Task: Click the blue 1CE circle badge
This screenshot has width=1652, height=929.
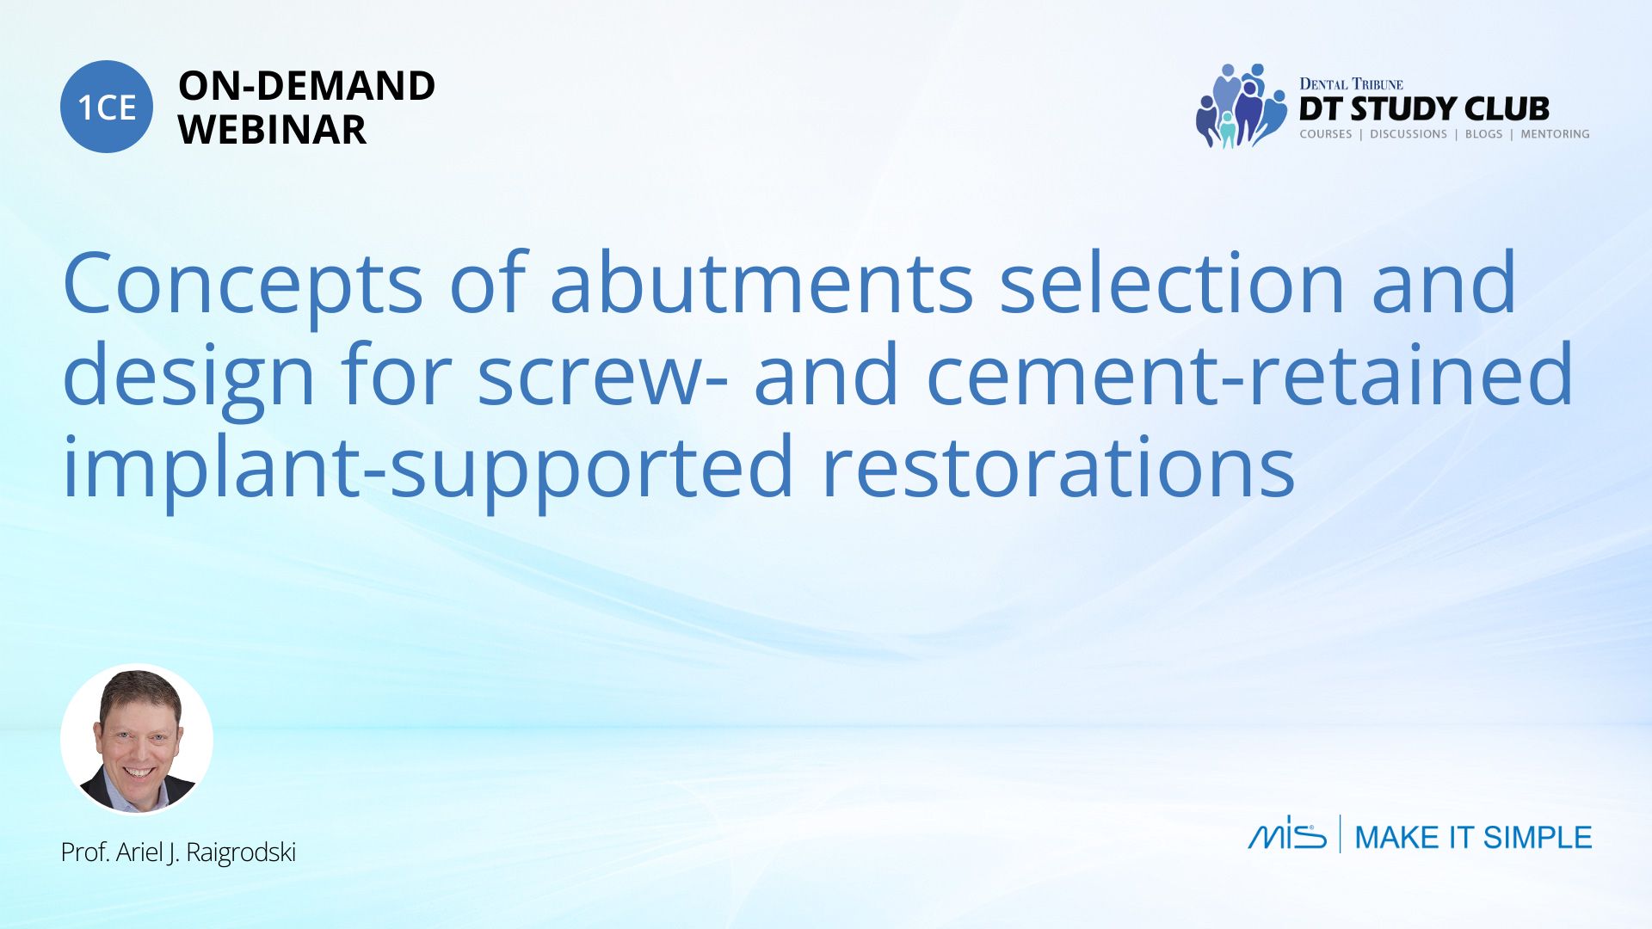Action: pos(107,107)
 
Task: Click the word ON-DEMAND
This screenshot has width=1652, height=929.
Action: pos(306,86)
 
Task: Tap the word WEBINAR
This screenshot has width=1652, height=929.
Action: pos(272,130)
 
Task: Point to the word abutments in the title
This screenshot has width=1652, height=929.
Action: pos(761,282)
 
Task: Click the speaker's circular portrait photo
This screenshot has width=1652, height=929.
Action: pos(137,740)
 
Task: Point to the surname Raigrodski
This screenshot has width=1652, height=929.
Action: pos(241,852)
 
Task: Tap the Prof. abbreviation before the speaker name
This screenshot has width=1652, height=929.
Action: pos(84,852)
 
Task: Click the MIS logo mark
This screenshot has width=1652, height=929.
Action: pos(1287,833)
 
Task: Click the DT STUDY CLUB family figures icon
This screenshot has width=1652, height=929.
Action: pos(1242,106)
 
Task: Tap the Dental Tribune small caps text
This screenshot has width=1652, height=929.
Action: pos(1351,84)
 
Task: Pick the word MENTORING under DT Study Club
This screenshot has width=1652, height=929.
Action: pos(1555,134)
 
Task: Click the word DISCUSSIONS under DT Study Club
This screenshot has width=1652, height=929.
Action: pos(1409,134)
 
